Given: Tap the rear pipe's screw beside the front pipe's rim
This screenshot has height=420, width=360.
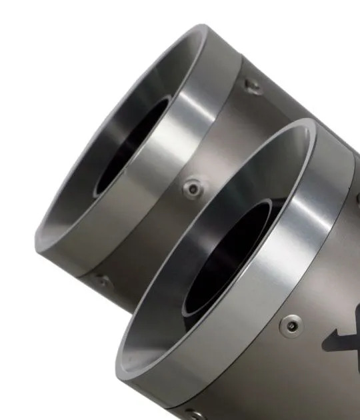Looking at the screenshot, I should [192, 189].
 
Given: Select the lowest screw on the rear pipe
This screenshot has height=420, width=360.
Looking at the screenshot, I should [101, 281].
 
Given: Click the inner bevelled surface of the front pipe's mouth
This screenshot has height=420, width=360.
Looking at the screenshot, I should [160, 300].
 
